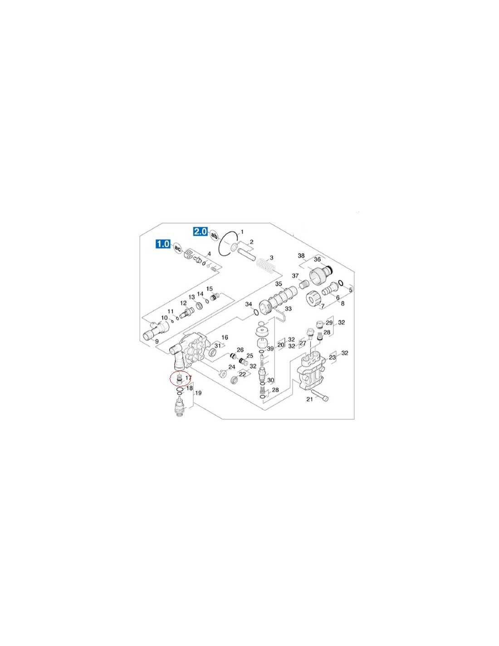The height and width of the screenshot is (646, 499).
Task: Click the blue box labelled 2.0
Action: (x=201, y=231)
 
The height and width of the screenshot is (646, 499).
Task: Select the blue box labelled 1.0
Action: (x=163, y=244)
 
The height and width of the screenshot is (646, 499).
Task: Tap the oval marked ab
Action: (x=214, y=236)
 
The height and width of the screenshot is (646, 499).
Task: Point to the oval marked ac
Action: (x=177, y=248)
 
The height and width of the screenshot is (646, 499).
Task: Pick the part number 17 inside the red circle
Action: (x=188, y=378)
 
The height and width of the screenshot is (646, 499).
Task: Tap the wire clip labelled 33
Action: (x=280, y=314)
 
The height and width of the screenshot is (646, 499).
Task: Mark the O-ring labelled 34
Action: (x=254, y=312)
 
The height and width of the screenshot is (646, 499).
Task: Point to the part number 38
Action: (x=301, y=255)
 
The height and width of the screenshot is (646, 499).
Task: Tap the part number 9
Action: (x=157, y=341)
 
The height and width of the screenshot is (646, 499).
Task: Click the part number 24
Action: (x=231, y=367)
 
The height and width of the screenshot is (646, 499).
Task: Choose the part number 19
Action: (x=198, y=393)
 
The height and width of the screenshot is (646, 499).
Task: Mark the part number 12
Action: (x=183, y=303)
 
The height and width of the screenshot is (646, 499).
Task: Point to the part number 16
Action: (x=225, y=337)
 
